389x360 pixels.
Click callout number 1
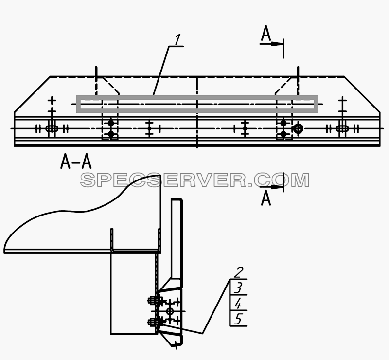[x=177, y=40]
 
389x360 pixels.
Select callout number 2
[x=238, y=272]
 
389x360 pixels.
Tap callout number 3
[x=238, y=288]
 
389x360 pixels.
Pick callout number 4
[x=238, y=304]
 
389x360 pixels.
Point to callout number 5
[x=238, y=319]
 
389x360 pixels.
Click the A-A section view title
[x=76, y=161]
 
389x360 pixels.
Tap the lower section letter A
[x=266, y=198]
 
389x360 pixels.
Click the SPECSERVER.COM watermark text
[x=195, y=180]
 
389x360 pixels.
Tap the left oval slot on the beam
[x=52, y=128]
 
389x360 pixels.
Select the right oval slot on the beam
[x=343, y=128]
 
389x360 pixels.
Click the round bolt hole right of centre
[x=298, y=128]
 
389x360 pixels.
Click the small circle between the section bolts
[x=170, y=311]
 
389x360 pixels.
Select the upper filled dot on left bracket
[x=111, y=123]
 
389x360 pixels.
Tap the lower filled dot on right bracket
[x=283, y=134]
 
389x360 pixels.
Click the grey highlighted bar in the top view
[x=197, y=97]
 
